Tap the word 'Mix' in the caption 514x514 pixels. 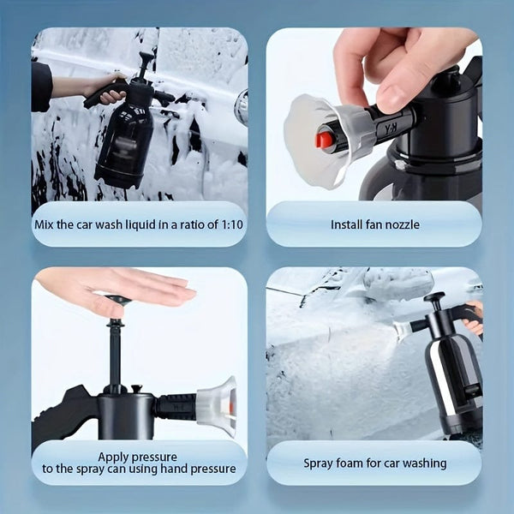45,224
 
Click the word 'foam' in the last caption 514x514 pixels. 353,463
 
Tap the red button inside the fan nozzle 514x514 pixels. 325,139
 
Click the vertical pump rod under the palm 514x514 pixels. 115,351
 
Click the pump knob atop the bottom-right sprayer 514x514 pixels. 435,298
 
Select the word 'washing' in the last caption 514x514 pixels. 421,463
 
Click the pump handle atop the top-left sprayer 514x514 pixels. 146,59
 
